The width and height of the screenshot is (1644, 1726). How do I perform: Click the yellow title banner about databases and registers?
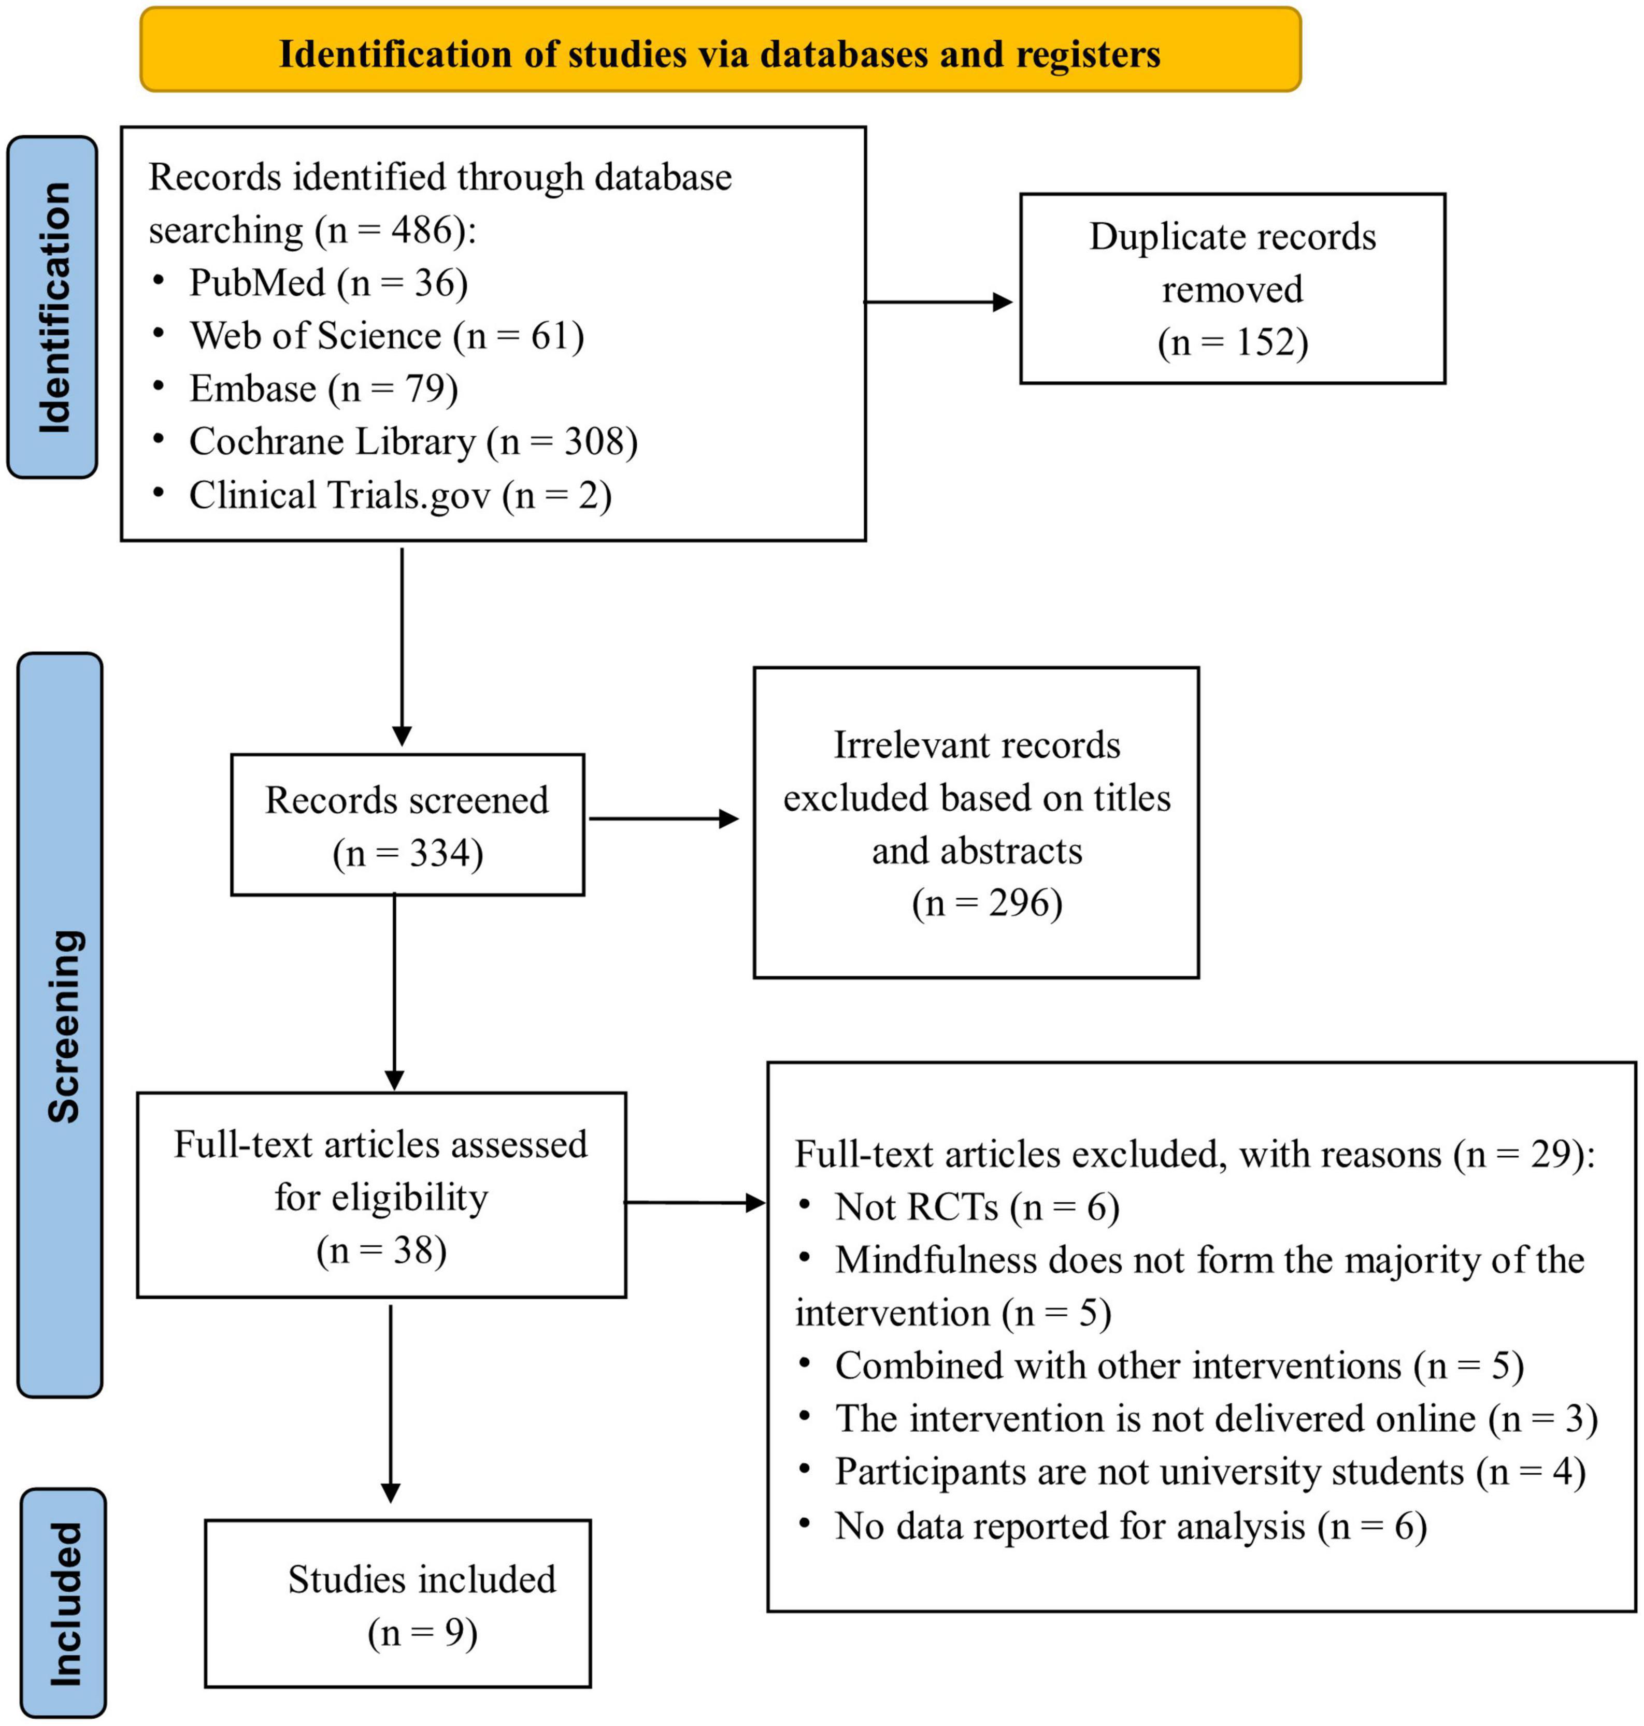pos(720,51)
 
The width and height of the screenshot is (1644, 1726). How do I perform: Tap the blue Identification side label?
pos(52,307)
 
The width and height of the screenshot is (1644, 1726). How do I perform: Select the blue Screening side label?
pos(61,1025)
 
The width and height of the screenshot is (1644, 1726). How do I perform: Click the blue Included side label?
pos(64,1603)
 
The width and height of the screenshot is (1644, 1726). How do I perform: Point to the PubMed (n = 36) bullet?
pos(328,283)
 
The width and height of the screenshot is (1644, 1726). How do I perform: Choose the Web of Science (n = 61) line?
pos(385,336)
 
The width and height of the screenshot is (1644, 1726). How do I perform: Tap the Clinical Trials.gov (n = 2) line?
pos(399,495)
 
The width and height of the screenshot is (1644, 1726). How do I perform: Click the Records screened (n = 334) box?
pos(407,825)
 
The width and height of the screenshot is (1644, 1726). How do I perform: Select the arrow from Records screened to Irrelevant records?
pos(663,819)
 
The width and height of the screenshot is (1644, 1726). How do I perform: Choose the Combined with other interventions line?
pos(1179,1365)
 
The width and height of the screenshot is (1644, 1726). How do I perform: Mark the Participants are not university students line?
pos(1209,1471)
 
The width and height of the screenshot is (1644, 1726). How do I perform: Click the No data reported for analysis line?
pos(1131,1526)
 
